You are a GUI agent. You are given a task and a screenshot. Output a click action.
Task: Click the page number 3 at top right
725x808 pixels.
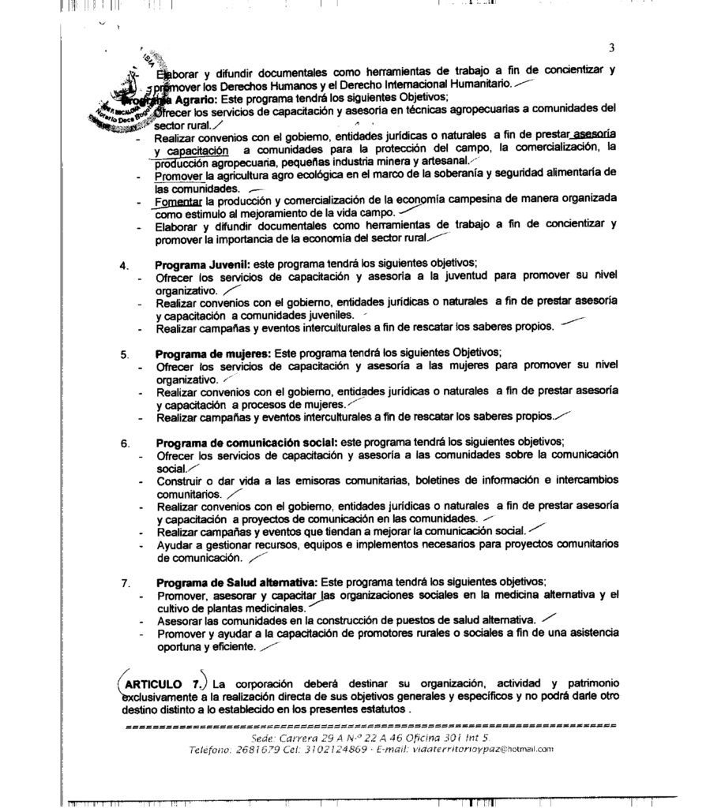[611, 47]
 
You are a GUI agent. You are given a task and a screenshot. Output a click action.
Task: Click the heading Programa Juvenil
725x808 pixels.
[202, 264]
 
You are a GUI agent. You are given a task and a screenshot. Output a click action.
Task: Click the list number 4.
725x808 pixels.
[125, 265]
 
